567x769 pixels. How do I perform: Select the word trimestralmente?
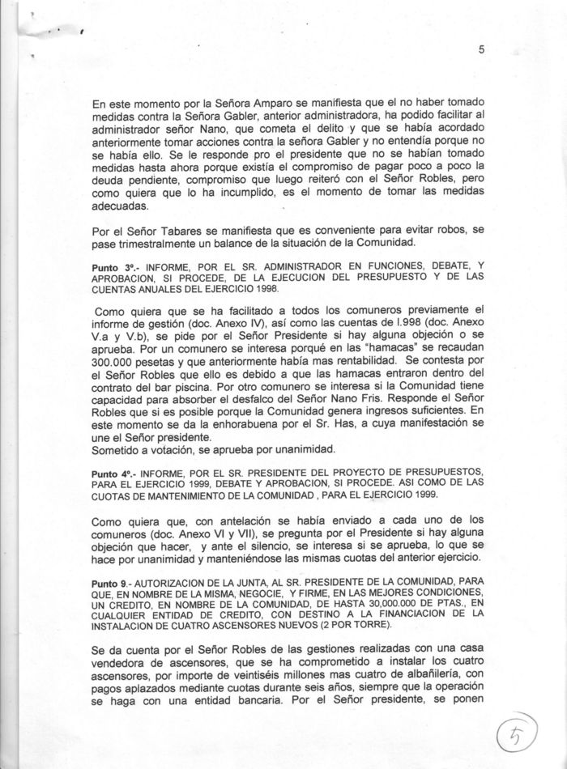pos(159,244)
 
